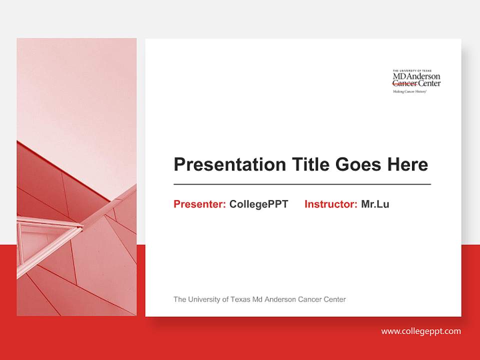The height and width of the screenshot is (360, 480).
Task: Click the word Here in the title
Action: click(x=408, y=164)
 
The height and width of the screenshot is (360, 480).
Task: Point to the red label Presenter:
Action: click(x=199, y=204)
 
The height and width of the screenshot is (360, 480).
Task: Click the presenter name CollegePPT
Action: click(x=258, y=204)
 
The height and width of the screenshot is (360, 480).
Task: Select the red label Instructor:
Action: click(x=330, y=204)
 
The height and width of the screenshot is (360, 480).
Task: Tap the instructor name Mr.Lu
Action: click(x=375, y=204)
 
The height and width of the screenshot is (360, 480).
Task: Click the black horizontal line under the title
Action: click(x=302, y=184)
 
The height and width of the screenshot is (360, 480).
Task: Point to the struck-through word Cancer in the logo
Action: click(x=404, y=84)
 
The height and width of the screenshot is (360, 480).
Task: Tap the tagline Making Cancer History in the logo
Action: click(x=409, y=92)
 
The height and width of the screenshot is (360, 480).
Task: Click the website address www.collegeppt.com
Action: click(x=421, y=331)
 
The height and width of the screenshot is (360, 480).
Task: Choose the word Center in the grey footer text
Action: click(x=334, y=299)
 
